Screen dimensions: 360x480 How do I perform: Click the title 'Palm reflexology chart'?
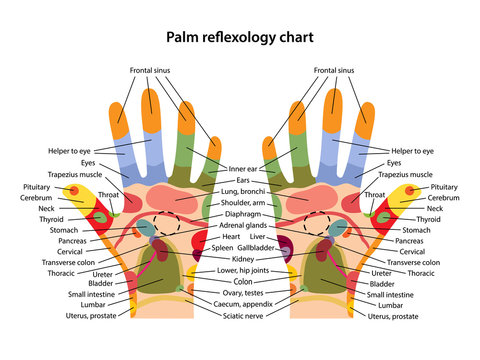(x=240, y=37)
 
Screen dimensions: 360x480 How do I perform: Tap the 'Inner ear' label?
(x=243, y=170)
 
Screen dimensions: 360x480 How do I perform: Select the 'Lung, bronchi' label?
(x=243, y=191)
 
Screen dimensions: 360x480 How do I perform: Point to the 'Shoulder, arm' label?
(x=243, y=202)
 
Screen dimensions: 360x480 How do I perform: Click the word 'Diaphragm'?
(x=243, y=213)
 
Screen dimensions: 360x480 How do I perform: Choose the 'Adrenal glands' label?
(x=243, y=226)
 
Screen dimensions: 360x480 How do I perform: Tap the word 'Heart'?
(x=232, y=237)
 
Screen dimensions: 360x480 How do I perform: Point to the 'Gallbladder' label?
(x=263, y=247)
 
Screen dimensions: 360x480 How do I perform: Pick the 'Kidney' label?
(x=243, y=259)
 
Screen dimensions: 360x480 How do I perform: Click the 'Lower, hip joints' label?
(x=243, y=271)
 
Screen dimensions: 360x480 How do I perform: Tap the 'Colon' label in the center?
(x=243, y=282)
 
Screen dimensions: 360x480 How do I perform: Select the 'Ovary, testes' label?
(x=243, y=293)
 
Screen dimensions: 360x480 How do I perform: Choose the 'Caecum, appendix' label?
(x=243, y=304)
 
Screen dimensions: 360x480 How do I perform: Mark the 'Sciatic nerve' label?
(x=243, y=316)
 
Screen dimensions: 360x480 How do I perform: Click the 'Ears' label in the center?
(x=243, y=181)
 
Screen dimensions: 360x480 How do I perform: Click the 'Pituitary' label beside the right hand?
(x=444, y=187)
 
